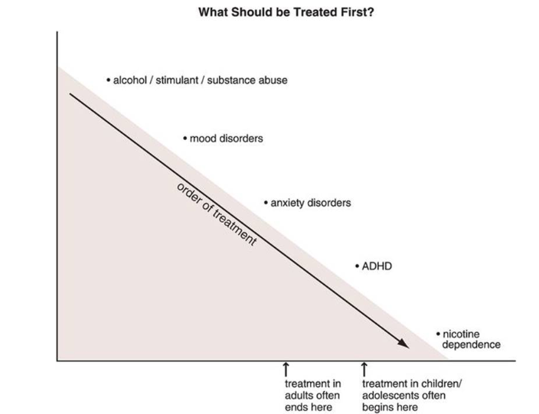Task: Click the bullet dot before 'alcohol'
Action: [109, 80]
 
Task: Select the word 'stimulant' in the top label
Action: [177, 80]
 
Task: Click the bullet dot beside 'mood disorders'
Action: [185, 139]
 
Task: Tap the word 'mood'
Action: [203, 139]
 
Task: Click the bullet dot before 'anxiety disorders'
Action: [266, 203]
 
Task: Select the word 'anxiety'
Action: [287, 203]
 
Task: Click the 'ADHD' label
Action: [377, 266]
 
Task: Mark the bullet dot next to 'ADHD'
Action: [357, 266]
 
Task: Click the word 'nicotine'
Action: [461, 334]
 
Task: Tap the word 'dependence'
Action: [472, 344]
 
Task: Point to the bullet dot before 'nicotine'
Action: [438, 334]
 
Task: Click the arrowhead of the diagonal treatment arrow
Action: [404, 344]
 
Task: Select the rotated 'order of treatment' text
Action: [217, 214]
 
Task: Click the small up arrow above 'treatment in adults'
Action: [286, 369]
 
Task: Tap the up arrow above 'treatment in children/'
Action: [364, 369]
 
